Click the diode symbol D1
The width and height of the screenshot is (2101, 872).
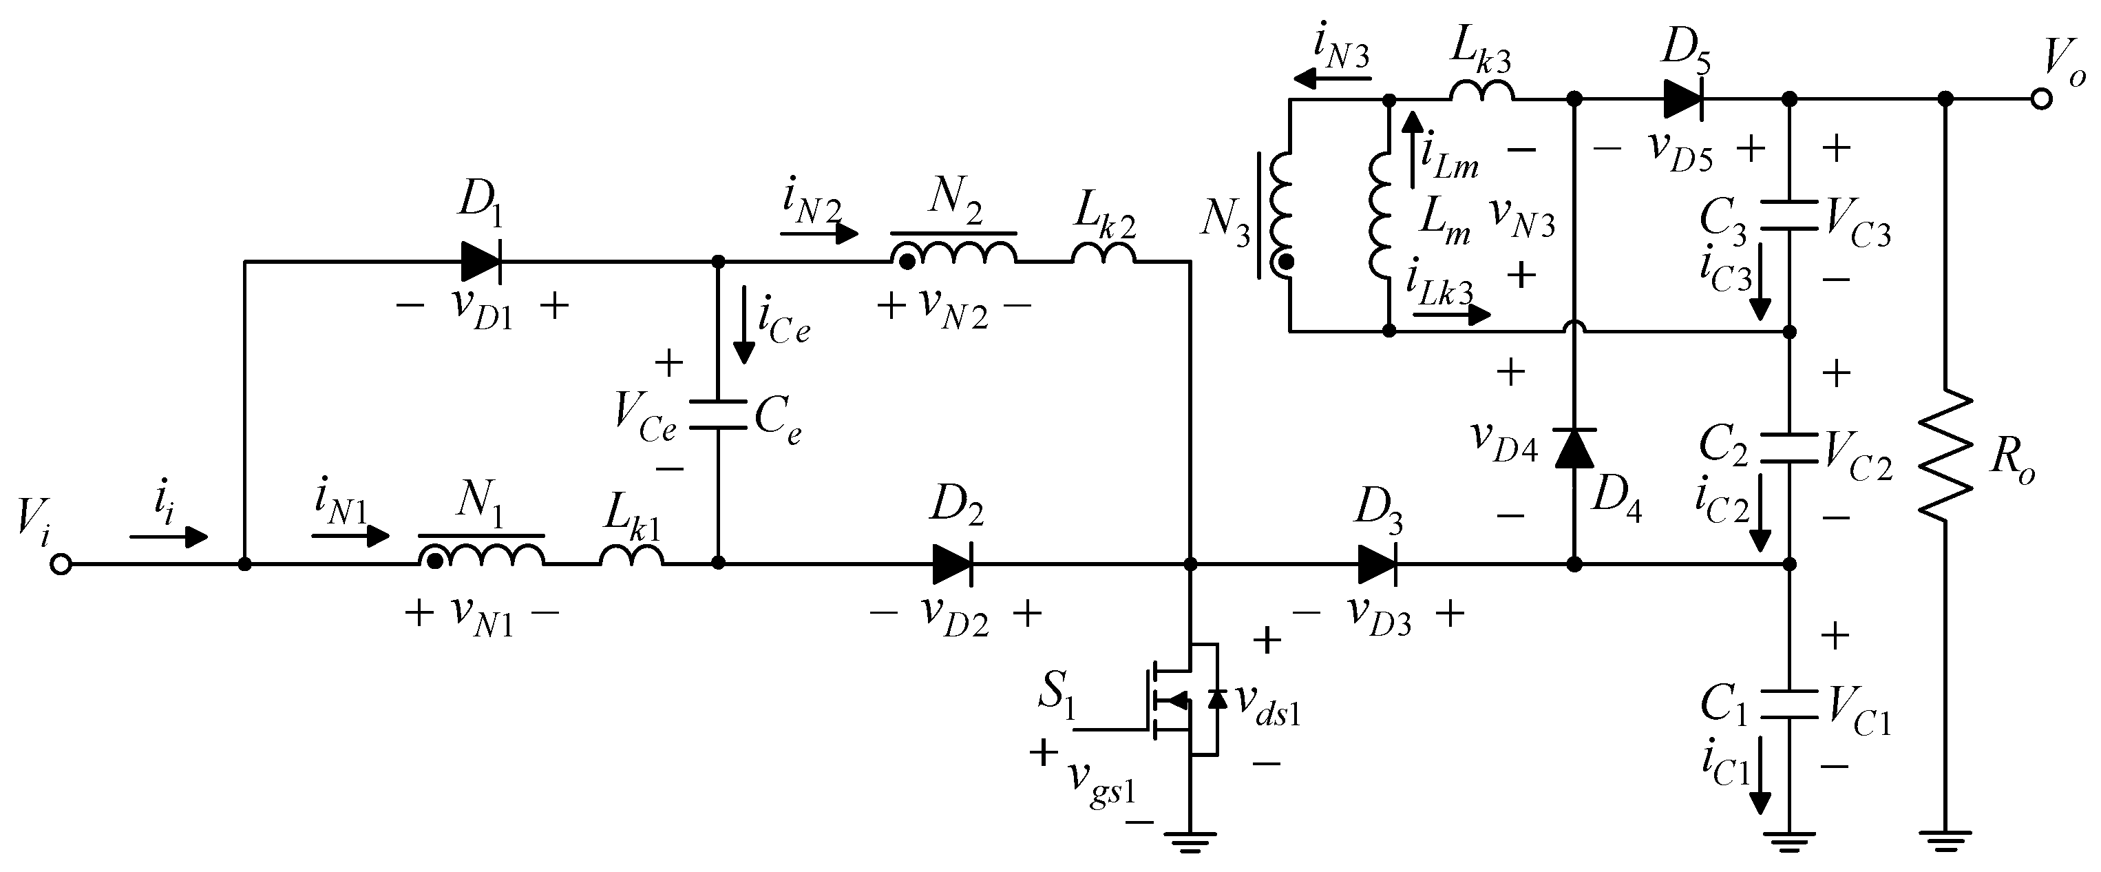pyautogui.click(x=481, y=262)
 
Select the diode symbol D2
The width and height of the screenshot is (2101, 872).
pyautogui.click(x=951, y=563)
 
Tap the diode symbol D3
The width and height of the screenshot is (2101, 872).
pyautogui.click(x=1377, y=563)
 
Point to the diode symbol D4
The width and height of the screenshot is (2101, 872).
pyautogui.click(x=1574, y=448)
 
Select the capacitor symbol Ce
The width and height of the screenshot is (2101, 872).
pyautogui.click(x=718, y=415)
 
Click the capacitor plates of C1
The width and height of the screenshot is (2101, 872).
pyautogui.click(x=1789, y=704)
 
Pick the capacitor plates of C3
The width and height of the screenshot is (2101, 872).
pyautogui.click(x=1789, y=214)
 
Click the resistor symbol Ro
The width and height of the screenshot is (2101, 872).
pyautogui.click(x=1945, y=455)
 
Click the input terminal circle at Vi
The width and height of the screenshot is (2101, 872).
pyautogui.click(x=61, y=563)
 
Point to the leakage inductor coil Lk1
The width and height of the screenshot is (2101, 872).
pyautogui.click(x=631, y=557)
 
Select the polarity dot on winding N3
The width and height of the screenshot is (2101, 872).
pyautogui.click(x=1286, y=262)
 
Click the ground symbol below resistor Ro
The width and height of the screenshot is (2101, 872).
pyautogui.click(x=1945, y=841)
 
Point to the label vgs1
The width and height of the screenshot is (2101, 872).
pyautogui.click(x=1101, y=787)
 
